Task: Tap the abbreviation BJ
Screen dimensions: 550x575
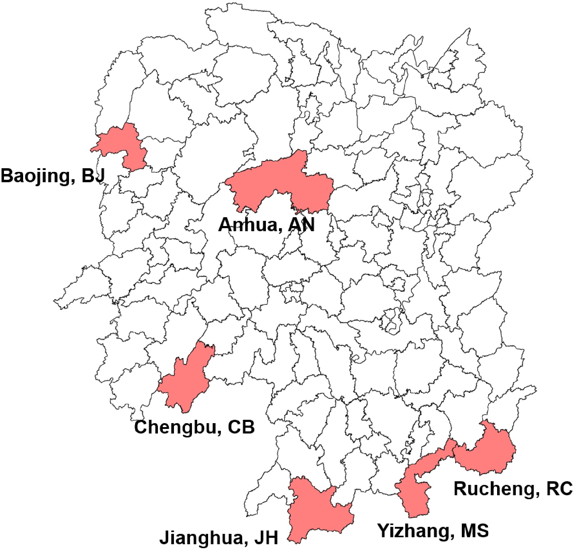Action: tap(93, 176)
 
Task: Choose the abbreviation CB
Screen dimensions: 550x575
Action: tap(240, 427)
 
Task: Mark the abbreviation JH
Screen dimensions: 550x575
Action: tap(265, 538)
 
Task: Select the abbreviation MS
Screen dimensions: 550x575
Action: tap(475, 530)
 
